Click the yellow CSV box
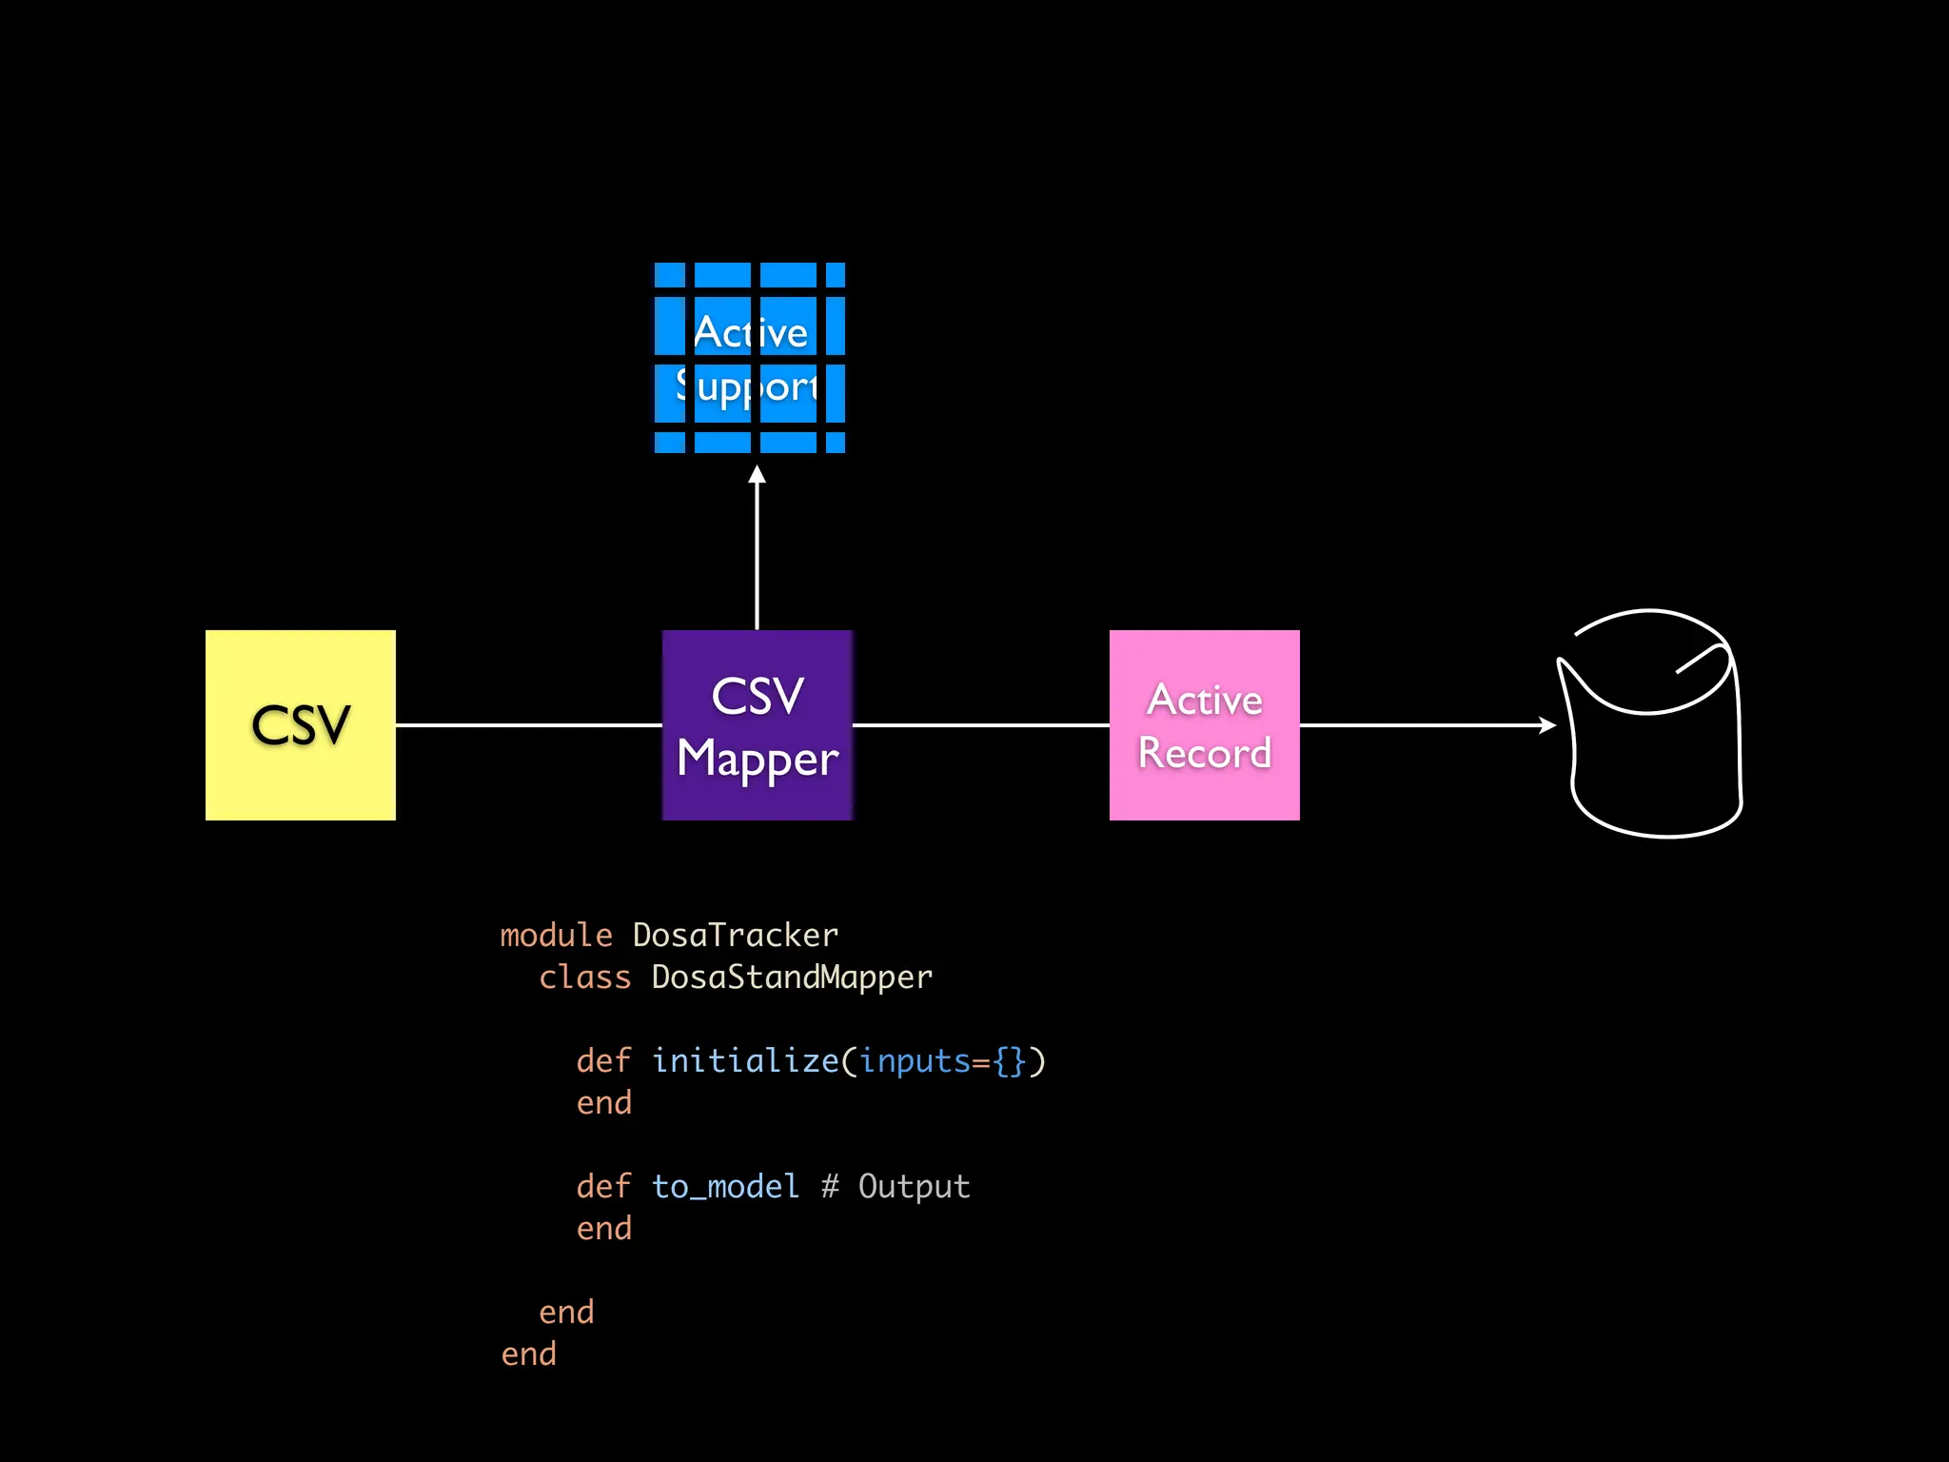(x=300, y=724)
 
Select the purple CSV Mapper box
(x=757, y=724)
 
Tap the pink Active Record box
(x=1204, y=724)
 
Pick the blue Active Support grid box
(x=749, y=358)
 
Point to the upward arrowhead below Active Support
(x=757, y=475)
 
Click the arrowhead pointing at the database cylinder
(x=1547, y=725)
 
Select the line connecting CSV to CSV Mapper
(x=528, y=725)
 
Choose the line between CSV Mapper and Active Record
(x=980, y=725)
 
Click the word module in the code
(x=556, y=936)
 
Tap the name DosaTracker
(x=735, y=936)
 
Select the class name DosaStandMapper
(x=792, y=978)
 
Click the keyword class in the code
(x=584, y=978)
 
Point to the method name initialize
(x=745, y=1060)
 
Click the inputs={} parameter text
(x=942, y=1060)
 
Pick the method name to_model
(x=725, y=1187)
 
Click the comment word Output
(x=914, y=1187)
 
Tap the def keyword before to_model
(x=603, y=1187)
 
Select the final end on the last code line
(x=528, y=1354)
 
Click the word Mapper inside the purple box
(x=758, y=760)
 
